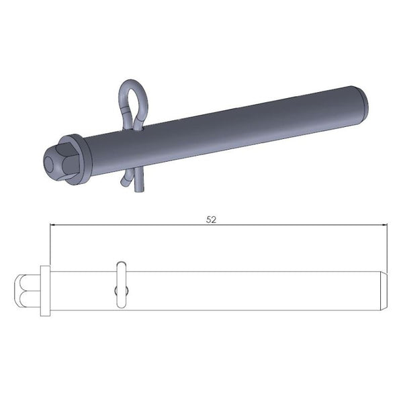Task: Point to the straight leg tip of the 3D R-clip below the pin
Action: click(x=138, y=192)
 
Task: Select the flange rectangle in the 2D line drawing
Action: click(x=45, y=290)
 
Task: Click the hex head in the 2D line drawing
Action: click(x=27, y=290)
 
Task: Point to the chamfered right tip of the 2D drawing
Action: click(x=385, y=290)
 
